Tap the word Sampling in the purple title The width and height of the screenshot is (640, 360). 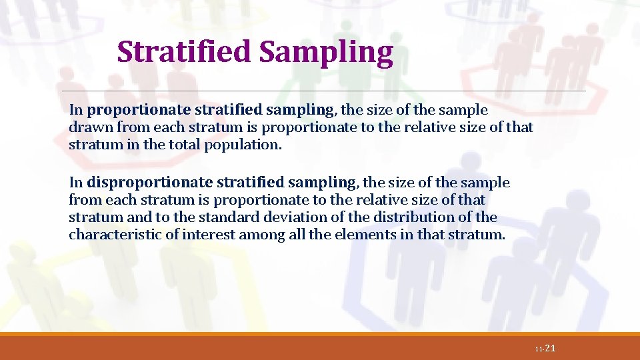tap(326, 52)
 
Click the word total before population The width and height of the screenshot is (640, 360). tap(189, 144)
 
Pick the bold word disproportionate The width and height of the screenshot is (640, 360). tap(149, 182)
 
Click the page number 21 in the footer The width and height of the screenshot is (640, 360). tap(550, 349)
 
